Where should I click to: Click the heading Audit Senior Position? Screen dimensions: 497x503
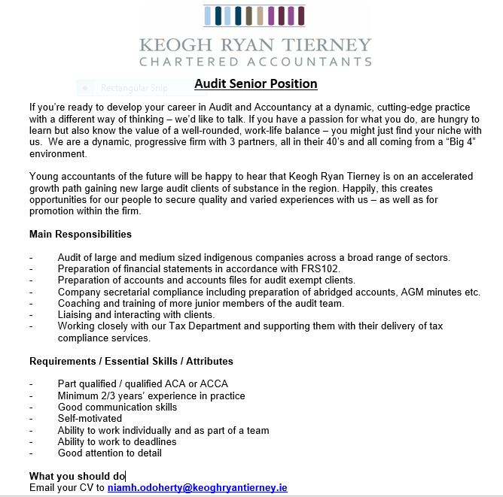[255, 83]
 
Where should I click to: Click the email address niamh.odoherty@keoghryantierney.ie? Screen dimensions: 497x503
[197, 488]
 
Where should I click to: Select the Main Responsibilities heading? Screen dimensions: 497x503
[81, 235]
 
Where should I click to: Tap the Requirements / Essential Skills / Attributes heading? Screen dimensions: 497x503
[131, 362]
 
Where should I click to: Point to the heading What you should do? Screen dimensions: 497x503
[77, 476]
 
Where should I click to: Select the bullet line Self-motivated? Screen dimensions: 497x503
[90, 419]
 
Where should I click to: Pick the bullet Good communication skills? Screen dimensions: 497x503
[117, 407]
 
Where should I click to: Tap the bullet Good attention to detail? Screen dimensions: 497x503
[109, 453]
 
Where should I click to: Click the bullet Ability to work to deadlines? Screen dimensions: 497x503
[117, 441]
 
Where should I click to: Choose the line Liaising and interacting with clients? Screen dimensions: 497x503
[136, 314]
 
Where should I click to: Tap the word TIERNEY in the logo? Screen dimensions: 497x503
[329, 44]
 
